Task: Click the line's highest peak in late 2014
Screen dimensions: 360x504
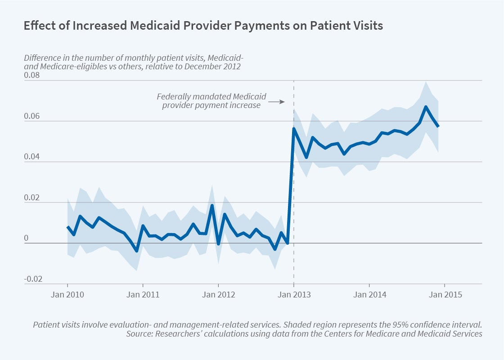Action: (426, 107)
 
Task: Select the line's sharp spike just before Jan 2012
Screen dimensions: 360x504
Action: (212, 206)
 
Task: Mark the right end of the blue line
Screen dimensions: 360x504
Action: (438, 126)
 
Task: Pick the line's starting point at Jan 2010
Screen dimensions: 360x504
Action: (67, 227)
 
